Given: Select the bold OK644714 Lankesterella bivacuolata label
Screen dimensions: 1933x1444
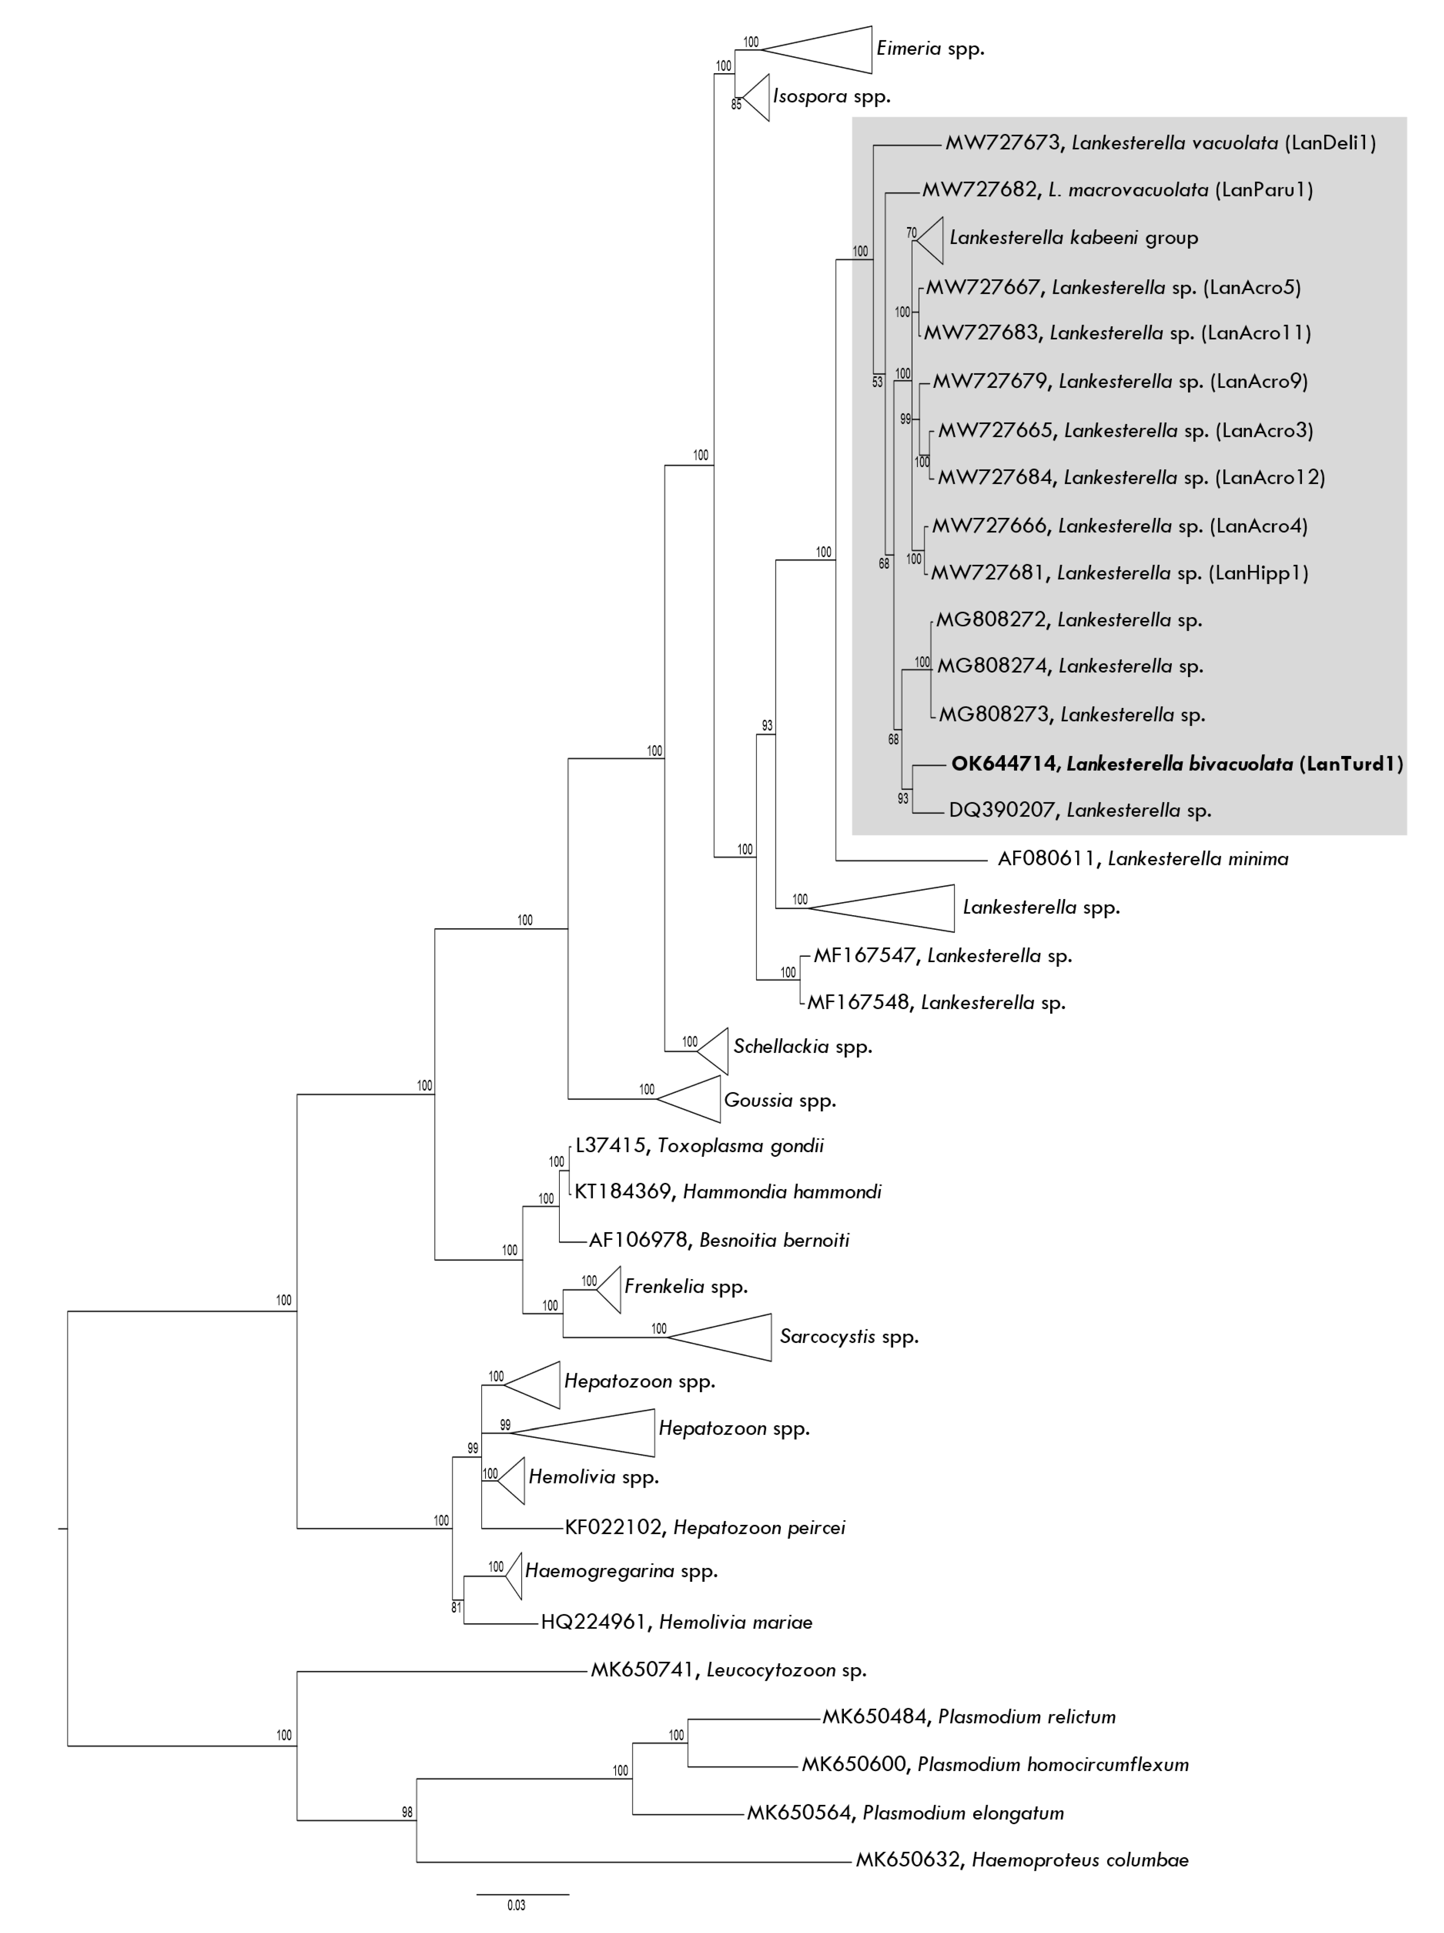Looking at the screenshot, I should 1176,764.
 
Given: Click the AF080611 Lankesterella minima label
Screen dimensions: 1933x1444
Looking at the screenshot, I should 1142,859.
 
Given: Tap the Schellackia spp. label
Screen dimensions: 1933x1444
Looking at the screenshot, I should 802,1047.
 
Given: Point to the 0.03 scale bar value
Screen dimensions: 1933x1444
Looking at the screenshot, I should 516,1905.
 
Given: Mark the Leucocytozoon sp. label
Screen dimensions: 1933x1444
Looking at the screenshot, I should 728,1670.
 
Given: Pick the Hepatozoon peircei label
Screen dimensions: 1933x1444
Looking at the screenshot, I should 705,1528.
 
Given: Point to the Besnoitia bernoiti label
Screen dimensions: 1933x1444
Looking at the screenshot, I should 719,1240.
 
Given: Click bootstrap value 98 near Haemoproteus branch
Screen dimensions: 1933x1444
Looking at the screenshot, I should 407,1812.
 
